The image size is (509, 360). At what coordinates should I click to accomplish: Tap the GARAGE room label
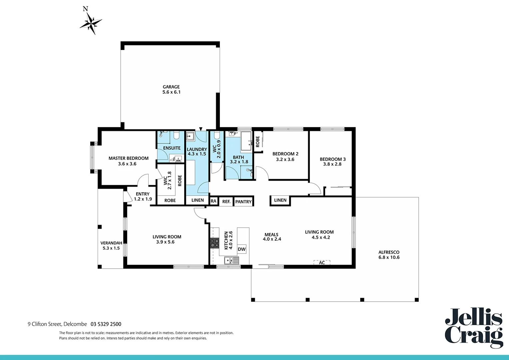[171, 87]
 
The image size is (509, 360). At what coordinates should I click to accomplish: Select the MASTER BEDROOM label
[128, 158]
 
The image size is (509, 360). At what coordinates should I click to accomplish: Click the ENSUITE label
[172, 148]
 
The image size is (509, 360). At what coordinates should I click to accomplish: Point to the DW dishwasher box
[242, 249]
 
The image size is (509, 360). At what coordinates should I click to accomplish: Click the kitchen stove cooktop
[214, 243]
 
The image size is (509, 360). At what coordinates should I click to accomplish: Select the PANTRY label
[243, 202]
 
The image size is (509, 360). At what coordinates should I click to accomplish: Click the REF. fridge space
[226, 202]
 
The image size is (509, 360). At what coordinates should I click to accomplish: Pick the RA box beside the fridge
[214, 201]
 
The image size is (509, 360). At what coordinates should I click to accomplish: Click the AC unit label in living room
[322, 263]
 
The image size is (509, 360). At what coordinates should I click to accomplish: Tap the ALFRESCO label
[389, 252]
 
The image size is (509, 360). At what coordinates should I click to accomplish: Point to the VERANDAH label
[111, 243]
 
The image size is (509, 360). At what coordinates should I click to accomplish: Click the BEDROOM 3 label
[332, 159]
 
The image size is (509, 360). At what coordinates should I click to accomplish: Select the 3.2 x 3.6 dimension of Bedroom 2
[285, 159]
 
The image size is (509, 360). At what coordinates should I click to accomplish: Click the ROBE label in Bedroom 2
[257, 142]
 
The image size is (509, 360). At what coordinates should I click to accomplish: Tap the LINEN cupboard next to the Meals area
[280, 200]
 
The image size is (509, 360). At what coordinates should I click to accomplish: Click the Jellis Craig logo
[474, 328]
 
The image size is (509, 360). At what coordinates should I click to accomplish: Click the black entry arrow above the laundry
[201, 129]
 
